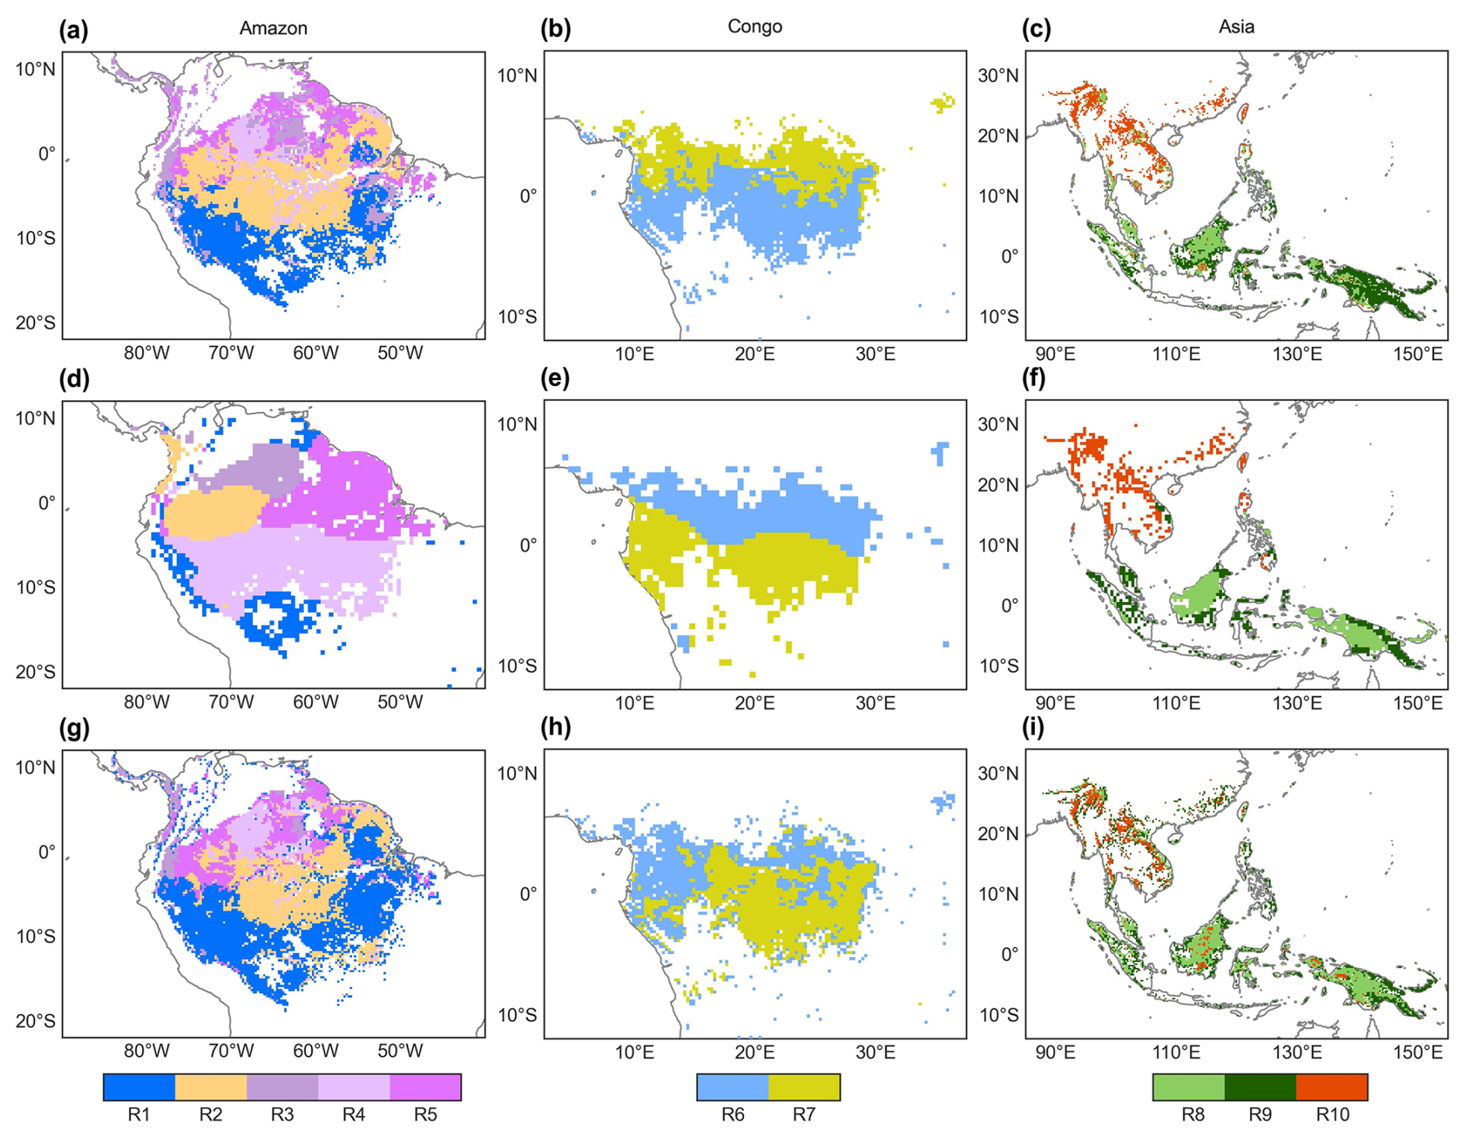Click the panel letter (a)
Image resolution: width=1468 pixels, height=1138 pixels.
click(x=74, y=29)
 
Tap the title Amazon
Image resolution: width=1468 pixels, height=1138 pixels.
click(x=273, y=28)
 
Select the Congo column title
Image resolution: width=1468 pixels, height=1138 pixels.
click(x=754, y=26)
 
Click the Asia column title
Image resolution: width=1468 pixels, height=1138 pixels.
click(x=1236, y=26)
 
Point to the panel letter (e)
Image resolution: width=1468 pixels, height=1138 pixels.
click(x=556, y=379)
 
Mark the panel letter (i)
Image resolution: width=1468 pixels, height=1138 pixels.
click(x=1037, y=728)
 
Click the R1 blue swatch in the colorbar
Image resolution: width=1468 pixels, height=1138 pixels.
click(x=140, y=1087)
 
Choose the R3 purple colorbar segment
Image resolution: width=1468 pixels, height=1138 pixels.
click(x=282, y=1087)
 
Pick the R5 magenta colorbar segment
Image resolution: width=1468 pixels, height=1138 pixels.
click(x=425, y=1087)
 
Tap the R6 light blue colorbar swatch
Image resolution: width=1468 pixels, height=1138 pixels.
click(x=732, y=1087)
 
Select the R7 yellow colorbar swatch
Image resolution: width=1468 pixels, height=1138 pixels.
click(x=804, y=1087)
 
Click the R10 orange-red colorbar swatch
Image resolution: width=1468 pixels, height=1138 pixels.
click(x=1331, y=1087)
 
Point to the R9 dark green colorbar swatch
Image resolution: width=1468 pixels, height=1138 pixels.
click(x=1260, y=1087)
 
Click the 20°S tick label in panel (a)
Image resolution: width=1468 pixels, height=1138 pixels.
click(x=36, y=323)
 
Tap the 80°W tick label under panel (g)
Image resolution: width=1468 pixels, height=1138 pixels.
click(x=147, y=1051)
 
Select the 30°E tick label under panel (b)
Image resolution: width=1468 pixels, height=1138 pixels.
click(x=875, y=355)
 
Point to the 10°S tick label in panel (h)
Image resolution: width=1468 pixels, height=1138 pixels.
click(x=517, y=1015)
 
